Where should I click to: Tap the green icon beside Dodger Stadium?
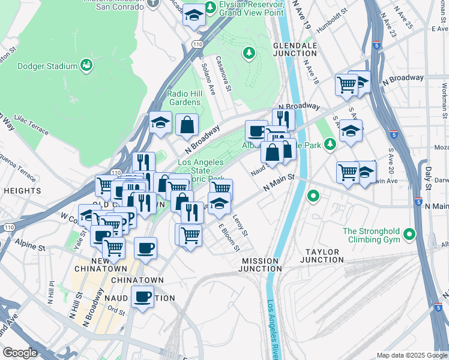pyautogui.click(x=86, y=65)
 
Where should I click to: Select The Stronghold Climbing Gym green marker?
pyautogui.click(x=409, y=233)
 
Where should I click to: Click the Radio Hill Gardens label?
pyautogui.click(x=184, y=98)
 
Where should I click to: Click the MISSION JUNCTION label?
pyautogui.click(x=259, y=265)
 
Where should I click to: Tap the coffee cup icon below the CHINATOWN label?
pyautogui.click(x=143, y=296)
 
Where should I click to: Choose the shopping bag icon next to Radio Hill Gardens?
pyautogui.click(x=187, y=125)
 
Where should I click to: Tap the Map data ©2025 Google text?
pyautogui.click(x=411, y=355)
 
